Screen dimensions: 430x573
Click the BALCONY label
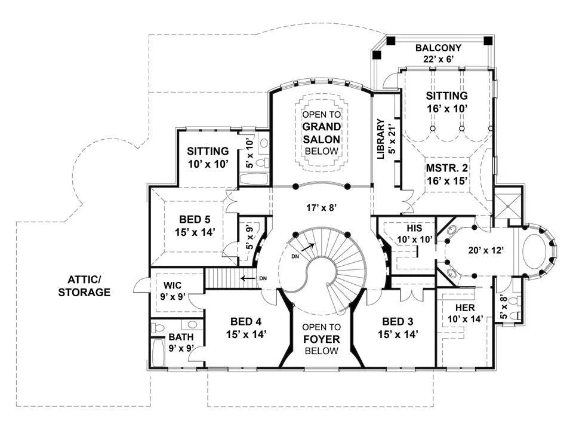439,47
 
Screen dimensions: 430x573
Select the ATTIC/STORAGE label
88,285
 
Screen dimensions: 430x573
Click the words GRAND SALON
321,133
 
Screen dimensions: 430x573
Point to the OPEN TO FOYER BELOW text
321,339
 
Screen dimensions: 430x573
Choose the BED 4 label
246,321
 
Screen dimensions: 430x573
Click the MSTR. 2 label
446,168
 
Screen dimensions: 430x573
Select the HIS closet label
414,228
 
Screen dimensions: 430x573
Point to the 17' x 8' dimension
321,208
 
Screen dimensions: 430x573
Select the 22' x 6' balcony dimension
439,59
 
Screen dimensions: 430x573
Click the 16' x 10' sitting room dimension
446,108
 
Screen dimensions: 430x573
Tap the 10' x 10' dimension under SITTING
208,163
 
